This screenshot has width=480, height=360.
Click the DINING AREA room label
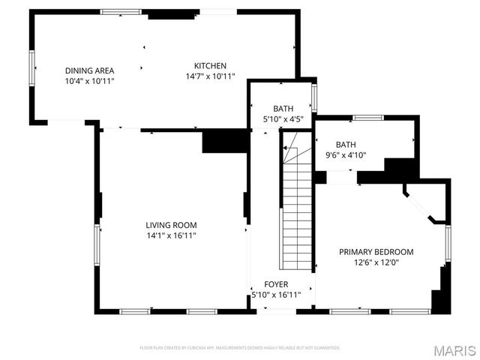tap(89, 70)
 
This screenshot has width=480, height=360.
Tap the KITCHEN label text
tap(210, 66)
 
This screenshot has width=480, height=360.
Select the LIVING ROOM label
tap(171, 225)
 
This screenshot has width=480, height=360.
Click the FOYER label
tap(275, 285)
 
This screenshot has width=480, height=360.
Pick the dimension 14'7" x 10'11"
tap(210, 76)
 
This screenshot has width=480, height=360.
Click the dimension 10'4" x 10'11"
tap(89, 81)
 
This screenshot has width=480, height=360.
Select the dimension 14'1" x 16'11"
tap(171, 235)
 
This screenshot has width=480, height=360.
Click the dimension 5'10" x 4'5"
tap(283, 119)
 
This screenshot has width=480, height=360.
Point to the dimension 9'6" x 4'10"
tap(346, 155)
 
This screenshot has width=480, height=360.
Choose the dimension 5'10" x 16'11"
tap(275, 295)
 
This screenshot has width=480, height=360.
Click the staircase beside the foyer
tap(295, 202)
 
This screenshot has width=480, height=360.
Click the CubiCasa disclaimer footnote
tap(240, 348)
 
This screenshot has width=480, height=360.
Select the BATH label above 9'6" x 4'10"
tap(346, 145)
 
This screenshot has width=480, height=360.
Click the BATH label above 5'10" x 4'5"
tap(283, 109)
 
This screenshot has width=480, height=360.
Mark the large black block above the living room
tap(225, 141)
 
